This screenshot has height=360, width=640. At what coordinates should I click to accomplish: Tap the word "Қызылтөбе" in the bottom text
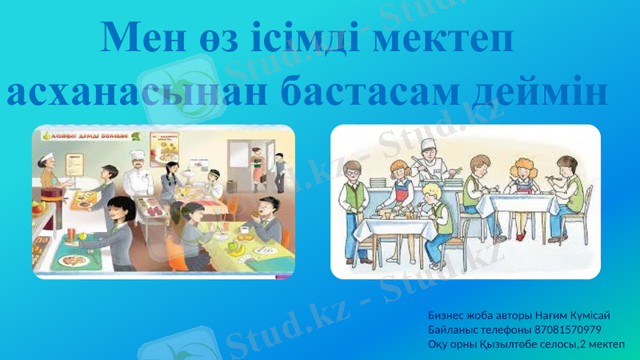coord(499,344)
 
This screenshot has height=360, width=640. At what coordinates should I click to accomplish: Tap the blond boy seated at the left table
coord(432,216)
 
